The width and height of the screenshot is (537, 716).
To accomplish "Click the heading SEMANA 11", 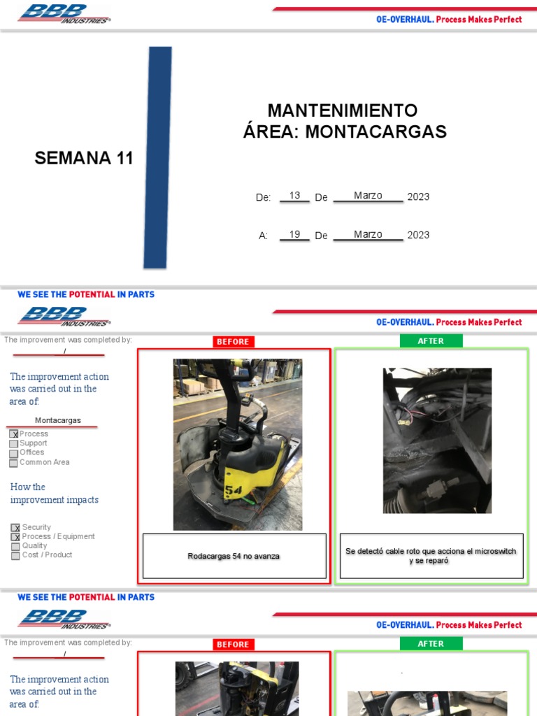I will pyautogui.click(x=84, y=158).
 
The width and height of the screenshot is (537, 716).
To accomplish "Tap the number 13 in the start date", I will pyautogui.click(x=294, y=196).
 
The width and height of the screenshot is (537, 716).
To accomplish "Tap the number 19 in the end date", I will pyautogui.click(x=294, y=234).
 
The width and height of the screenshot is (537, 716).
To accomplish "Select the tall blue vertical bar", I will pyautogui.click(x=158, y=157).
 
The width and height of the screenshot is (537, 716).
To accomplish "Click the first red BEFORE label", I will pyautogui.click(x=233, y=341).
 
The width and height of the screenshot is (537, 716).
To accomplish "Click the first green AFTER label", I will pyautogui.click(x=431, y=341).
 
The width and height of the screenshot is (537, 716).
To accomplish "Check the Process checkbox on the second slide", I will pyautogui.click(x=14, y=434).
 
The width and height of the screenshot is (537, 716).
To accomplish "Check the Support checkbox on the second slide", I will pyautogui.click(x=14, y=443).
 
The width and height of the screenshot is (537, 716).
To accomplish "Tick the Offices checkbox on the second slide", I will pyautogui.click(x=14, y=453).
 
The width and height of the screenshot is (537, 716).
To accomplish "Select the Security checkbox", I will pyautogui.click(x=15, y=528).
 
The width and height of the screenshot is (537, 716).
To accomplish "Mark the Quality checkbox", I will pyautogui.click(x=15, y=546).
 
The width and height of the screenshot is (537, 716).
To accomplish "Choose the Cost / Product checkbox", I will pyautogui.click(x=15, y=555).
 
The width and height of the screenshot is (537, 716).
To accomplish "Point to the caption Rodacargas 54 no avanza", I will pyautogui.click(x=234, y=556).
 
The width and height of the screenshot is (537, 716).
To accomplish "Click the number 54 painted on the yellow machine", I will pyautogui.click(x=234, y=492).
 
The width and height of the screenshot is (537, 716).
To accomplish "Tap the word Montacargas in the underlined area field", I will pyautogui.click(x=58, y=420).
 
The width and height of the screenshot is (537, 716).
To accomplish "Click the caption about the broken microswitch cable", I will pyautogui.click(x=431, y=556).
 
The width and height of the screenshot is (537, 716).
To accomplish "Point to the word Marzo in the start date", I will pyautogui.click(x=368, y=196).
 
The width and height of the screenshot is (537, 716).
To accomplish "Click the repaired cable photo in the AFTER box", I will pyautogui.click(x=437, y=441).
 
